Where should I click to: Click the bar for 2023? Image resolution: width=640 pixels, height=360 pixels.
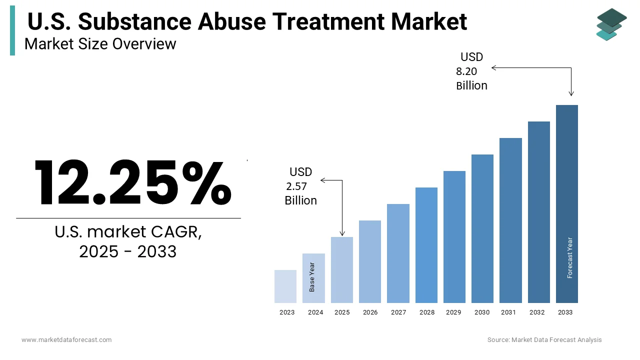(x=285, y=286)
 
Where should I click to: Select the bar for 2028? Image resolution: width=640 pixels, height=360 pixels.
(x=426, y=245)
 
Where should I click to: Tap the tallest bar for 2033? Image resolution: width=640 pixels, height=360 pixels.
(x=566, y=204)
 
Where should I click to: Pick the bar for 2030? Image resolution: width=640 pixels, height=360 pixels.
(x=482, y=228)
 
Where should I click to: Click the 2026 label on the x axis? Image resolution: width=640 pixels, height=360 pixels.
(x=370, y=312)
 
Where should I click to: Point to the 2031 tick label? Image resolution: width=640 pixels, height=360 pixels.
(x=508, y=312)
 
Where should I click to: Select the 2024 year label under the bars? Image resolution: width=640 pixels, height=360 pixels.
(x=315, y=312)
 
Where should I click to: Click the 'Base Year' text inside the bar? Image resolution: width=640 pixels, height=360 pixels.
(x=312, y=277)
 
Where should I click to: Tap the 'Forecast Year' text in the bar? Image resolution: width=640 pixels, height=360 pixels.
(x=569, y=257)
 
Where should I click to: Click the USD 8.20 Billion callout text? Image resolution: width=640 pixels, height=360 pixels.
(x=471, y=71)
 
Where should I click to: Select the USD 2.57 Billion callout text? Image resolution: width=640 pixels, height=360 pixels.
(x=301, y=186)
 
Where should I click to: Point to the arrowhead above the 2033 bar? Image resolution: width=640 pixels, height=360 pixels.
(x=571, y=93)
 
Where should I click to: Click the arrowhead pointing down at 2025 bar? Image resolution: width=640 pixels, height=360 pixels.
(x=342, y=233)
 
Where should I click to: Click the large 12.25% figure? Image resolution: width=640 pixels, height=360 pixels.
(x=132, y=182)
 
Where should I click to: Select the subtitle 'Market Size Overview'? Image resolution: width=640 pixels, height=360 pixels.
(x=100, y=44)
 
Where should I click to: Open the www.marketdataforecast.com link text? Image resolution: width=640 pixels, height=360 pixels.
(x=66, y=340)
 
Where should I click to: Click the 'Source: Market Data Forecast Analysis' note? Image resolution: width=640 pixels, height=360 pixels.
(x=544, y=340)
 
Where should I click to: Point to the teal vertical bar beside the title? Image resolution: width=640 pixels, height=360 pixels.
(x=12, y=30)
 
